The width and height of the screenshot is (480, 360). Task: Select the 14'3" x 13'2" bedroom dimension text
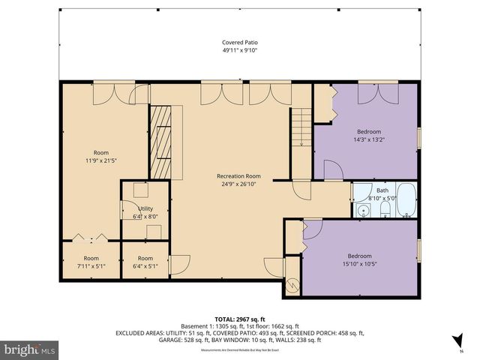(368, 139)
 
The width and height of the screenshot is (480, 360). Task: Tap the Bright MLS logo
(30, 349)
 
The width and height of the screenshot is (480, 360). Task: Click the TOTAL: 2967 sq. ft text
(239, 319)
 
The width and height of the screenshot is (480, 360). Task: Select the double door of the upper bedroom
(376, 93)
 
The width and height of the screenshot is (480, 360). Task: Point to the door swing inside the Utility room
(129, 212)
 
